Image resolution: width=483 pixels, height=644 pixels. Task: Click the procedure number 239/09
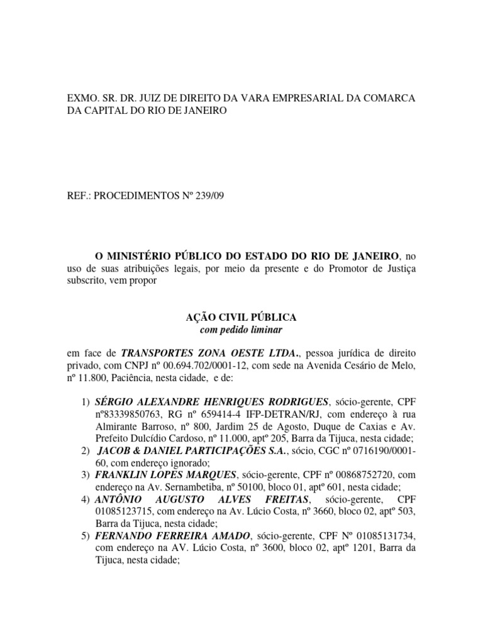206,196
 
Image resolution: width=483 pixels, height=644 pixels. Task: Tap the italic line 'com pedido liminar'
241,329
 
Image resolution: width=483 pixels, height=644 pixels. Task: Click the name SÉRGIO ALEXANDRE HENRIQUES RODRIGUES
212,402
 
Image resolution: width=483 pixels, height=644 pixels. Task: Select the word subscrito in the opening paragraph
87,281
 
